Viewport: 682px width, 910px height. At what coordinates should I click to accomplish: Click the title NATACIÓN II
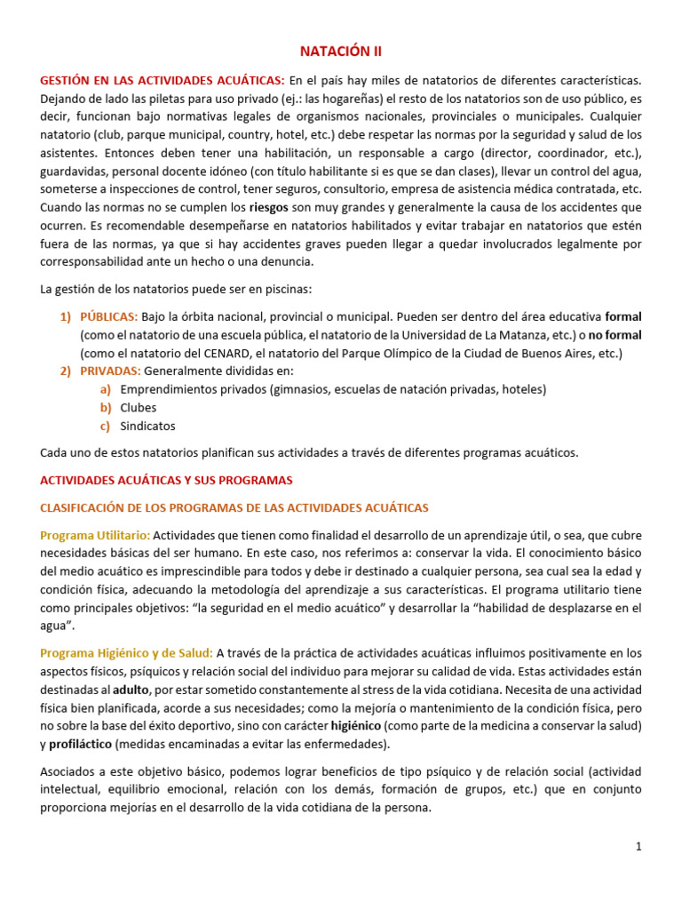[x=340, y=52]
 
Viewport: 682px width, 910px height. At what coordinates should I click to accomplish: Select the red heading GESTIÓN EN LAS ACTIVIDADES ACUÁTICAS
[x=163, y=81]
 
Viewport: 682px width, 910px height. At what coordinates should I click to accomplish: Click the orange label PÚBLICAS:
[x=108, y=316]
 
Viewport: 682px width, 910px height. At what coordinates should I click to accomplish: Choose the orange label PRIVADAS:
[x=110, y=371]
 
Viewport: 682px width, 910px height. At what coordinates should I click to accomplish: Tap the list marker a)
[x=106, y=389]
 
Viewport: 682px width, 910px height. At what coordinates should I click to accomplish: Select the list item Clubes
[x=139, y=408]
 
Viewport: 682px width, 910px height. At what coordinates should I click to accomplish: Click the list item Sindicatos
[x=147, y=426]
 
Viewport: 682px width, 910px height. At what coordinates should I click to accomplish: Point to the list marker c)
[x=106, y=426]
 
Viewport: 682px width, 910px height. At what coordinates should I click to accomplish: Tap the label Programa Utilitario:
[x=96, y=535]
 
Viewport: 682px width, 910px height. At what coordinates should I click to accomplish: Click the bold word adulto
[x=131, y=690]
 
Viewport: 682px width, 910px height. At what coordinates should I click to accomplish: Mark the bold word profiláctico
[x=80, y=744]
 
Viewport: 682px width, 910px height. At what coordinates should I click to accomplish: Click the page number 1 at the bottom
[x=638, y=847]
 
